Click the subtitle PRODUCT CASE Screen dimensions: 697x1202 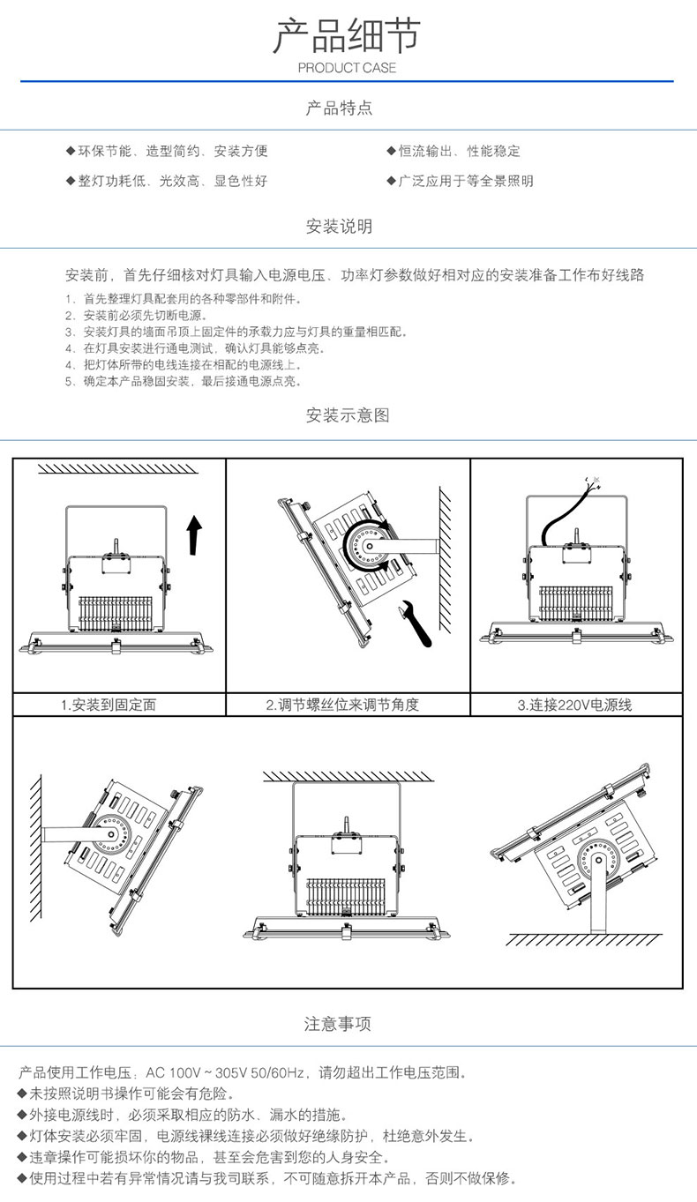(x=348, y=68)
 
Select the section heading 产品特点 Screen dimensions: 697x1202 (x=340, y=108)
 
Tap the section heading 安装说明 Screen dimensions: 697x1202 (x=340, y=227)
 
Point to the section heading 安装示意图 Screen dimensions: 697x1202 (x=348, y=414)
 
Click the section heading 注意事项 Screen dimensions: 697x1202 (x=338, y=1024)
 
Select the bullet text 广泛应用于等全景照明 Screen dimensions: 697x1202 (x=465, y=181)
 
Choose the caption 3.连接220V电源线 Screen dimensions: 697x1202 (x=574, y=705)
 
